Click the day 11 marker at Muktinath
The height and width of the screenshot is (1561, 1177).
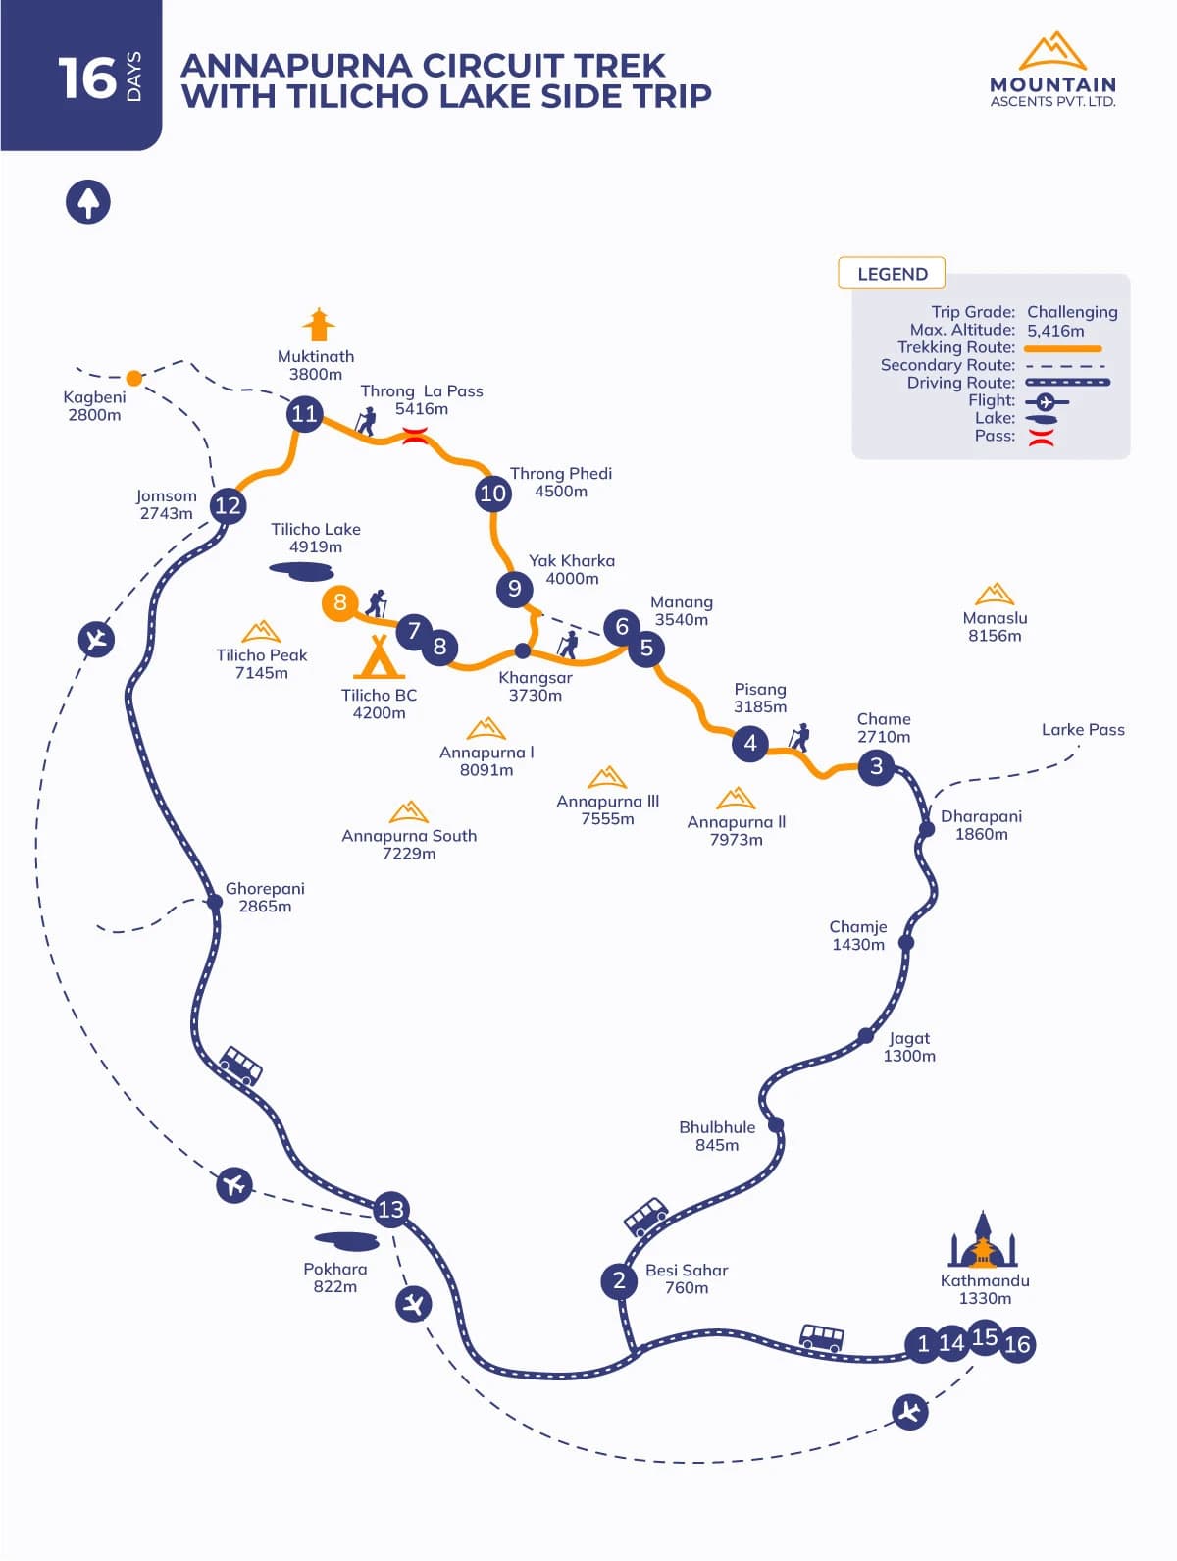pyautogui.click(x=304, y=413)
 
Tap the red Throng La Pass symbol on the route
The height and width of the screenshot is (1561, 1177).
pyautogui.click(x=415, y=437)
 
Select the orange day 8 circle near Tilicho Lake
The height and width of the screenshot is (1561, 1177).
pyautogui.click(x=339, y=602)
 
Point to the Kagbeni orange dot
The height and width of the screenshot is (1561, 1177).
pyautogui.click(x=134, y=378)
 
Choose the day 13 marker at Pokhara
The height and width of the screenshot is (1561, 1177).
pyautogui.click(x=390, y=1209)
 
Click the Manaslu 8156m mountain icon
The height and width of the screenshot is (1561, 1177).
pyautogui.click(x=995, y=595)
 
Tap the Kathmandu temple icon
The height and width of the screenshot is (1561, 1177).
pyautogui.click(x=983, y=1240)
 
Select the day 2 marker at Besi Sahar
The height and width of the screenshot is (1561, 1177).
pyautogui.click(x=619, y=1280)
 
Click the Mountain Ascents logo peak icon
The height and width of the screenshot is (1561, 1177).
pyautogui.click(x=1052, y=51)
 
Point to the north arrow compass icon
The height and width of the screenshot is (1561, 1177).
pyautogui.click(x=88, y=202)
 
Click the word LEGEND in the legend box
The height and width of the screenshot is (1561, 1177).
pyautogui.click(x=892, y=274)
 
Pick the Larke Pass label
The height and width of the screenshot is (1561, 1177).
pyautogui.click(x=1083, y=730)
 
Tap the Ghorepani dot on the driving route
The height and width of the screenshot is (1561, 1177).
pyautogui.click(x=214, y=902)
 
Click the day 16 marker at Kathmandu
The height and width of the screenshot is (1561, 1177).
pyautogui.click(x=1017, y=1344)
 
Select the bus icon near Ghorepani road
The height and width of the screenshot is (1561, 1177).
pyautogui.click(x=240, y=1065)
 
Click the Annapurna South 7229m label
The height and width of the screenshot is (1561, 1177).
pyautogui.click(x=409, y=844)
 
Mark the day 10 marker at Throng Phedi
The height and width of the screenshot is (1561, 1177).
pyautogui.click(x=492, y=493)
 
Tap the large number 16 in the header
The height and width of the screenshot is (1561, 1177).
pyautogui.click(x=86, y=78)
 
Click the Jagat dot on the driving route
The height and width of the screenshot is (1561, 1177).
pyautogui.click(x=865, y=1035)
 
